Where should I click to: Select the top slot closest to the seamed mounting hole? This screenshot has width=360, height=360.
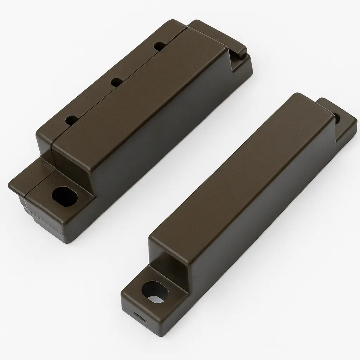pyautogui.click(x=72, y=120)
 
